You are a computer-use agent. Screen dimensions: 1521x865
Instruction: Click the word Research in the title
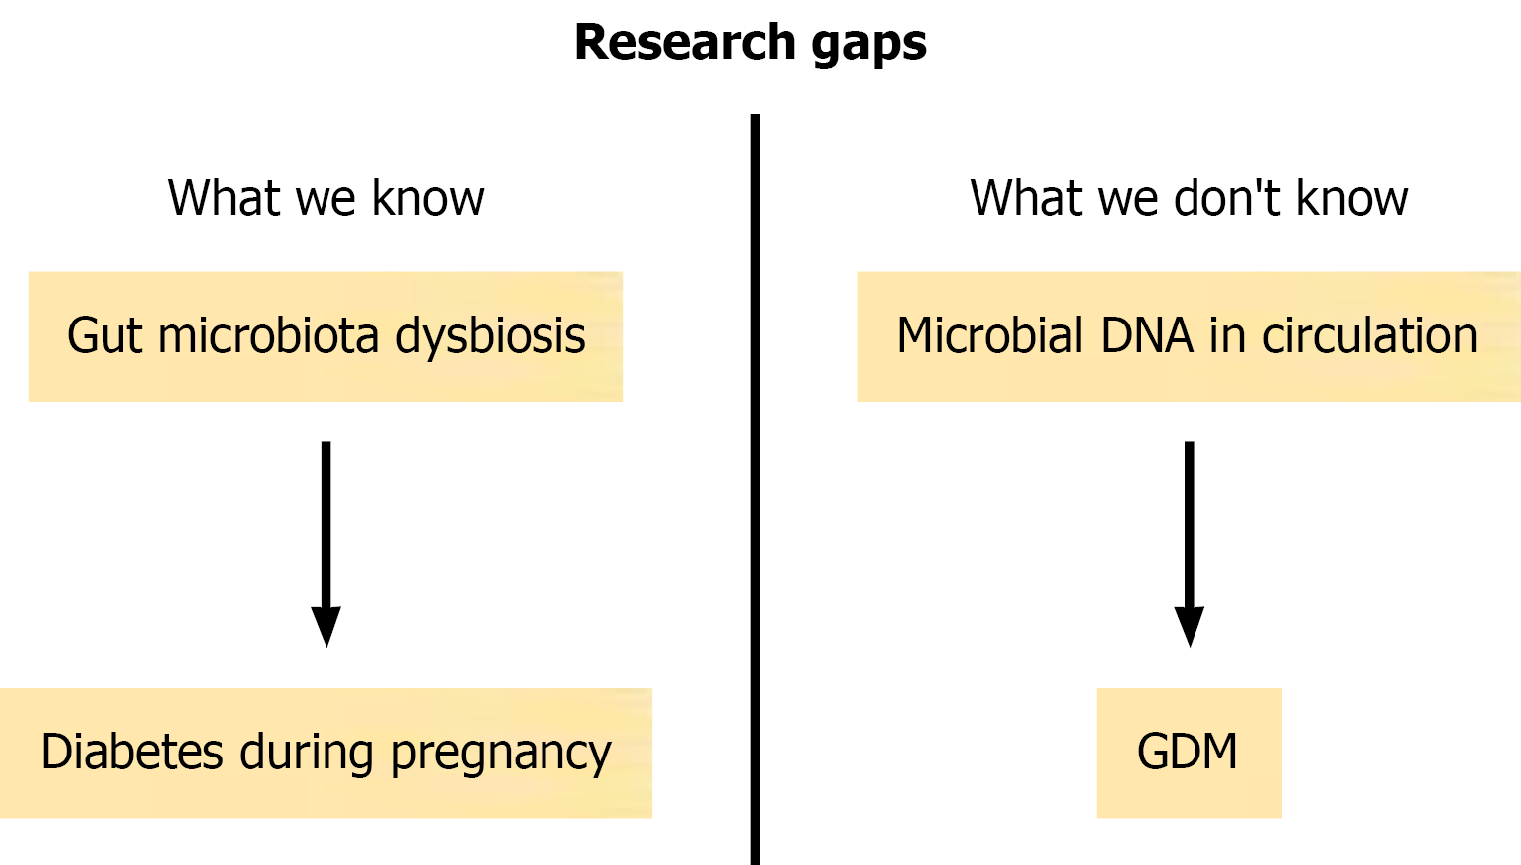tap(685, 42)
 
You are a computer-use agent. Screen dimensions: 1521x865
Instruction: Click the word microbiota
tap(268, 335)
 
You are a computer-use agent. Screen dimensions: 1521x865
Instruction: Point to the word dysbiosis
tap(491, 337)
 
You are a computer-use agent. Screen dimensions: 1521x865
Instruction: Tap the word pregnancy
tap(502, 755)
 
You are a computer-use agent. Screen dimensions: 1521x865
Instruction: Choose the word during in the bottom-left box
tap(307, 754)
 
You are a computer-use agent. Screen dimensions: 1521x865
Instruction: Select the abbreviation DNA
tap(1146, 335)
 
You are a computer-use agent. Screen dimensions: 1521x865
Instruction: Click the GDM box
tap(1189, 753)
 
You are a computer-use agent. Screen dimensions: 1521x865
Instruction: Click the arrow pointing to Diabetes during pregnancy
tap(326, 543)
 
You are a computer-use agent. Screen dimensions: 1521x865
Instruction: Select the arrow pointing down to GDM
tap(1189, 543)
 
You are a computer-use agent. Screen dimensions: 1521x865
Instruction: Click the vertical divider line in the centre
tap(756, 490)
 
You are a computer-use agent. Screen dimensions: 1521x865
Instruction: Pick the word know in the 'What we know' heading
tap(428, 197)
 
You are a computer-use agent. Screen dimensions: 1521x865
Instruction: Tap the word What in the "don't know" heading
tap(1026, 197)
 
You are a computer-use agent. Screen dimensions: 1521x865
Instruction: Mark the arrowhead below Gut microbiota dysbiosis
tap(326, 626)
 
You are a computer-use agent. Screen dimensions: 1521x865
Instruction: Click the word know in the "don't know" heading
tap(1352, 197)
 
